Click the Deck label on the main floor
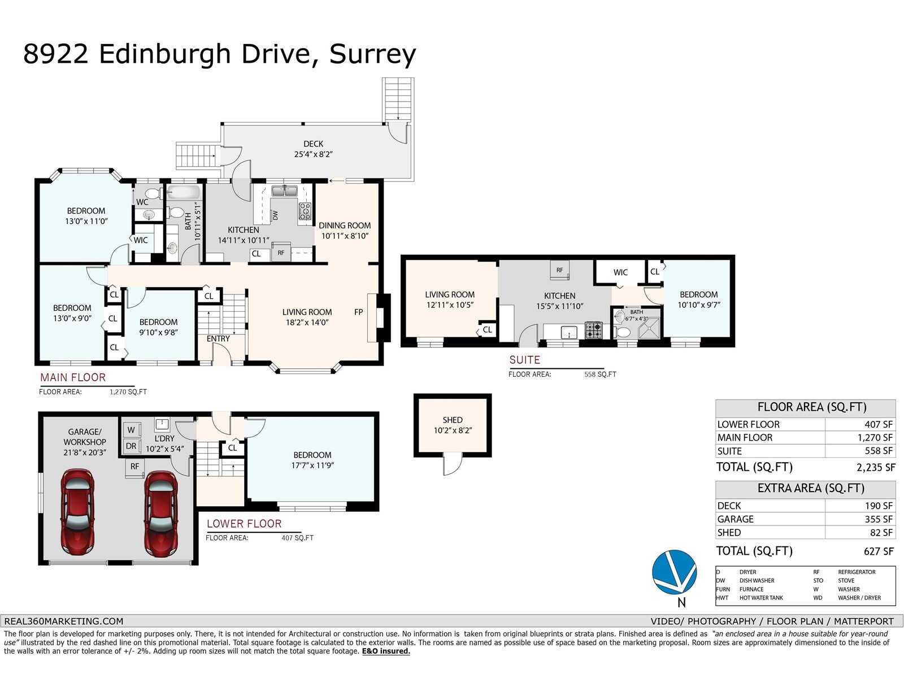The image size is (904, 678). tap(313, 144)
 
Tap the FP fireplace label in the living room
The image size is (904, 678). tap(358, 312)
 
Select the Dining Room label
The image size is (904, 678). tap(345, 225)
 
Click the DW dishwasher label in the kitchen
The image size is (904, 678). tap(275, 215)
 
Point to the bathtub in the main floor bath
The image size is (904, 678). tap(184, 192)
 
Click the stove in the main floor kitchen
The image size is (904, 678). tap(305, 211)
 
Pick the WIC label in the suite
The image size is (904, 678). tap(620, 272)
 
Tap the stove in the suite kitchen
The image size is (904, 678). tap(593, 330)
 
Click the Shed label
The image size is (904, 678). tap(452, 420)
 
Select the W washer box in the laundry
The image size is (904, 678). tap(132, 430)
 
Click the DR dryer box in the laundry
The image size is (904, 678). tap(132, 446)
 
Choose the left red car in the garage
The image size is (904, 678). tap(77, 512)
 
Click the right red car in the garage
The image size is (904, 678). tap(161, 513)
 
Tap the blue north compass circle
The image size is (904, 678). tap(674, 572)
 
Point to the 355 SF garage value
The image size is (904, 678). tap(879, 519)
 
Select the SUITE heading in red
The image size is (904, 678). tap(524, 360)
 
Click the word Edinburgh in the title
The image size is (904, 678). tap(165, 54)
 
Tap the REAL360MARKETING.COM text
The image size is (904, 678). tap(64, 621)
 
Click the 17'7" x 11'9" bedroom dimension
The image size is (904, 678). tap(312, 466)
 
